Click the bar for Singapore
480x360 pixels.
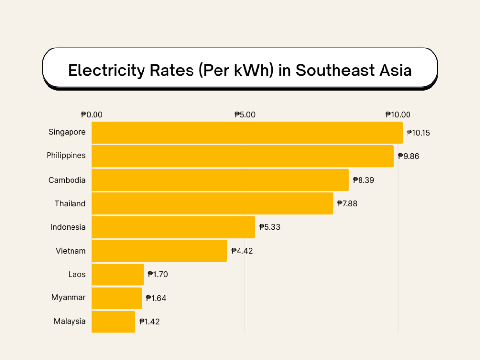coord(247,133)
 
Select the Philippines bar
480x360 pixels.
coord(242,156)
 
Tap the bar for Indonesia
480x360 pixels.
coord(173,227)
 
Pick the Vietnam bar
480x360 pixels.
coord(159,251)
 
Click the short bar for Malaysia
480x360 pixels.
coord(113,322)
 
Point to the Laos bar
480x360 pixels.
coord(118,274)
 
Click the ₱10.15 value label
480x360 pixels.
coord(418,133)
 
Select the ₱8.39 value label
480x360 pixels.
coord(363,180)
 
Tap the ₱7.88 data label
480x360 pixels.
coord(347,204)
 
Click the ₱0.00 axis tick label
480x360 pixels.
coord(92,115)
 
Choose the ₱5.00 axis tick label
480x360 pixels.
coord(245,115)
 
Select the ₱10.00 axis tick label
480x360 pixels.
coord(398,115)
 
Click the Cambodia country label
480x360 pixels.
coord(67,180)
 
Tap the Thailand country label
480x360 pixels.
coord(70,204)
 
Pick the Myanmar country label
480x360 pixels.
coord(68,298)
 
